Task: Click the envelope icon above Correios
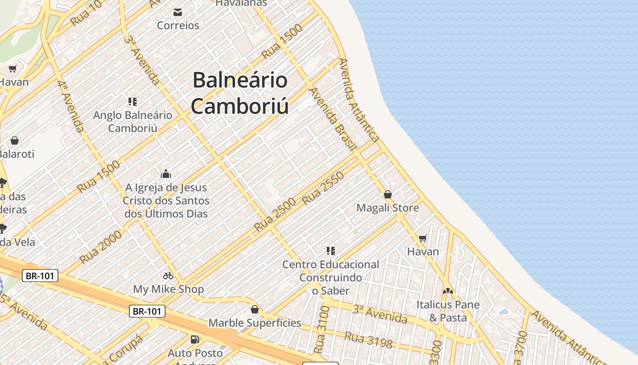(178, 12)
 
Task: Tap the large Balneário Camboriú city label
(240, 93)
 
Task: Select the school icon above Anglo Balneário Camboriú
(133, 102)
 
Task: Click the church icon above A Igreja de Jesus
(166, 174)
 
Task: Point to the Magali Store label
(387, 208)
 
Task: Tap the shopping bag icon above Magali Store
(388, 195)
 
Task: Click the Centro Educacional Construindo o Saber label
(330, 277)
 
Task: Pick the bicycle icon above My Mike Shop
(168, 276)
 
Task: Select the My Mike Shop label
(168, 289)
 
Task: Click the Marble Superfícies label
(255, 323)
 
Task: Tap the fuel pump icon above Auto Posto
(195, 339)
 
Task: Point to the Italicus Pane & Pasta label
(448, 311)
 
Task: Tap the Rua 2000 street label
(101, 247)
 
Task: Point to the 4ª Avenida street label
(71, 106)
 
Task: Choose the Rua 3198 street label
(368, 340)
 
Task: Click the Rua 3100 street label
(322, 329)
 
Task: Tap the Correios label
(178, 26)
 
